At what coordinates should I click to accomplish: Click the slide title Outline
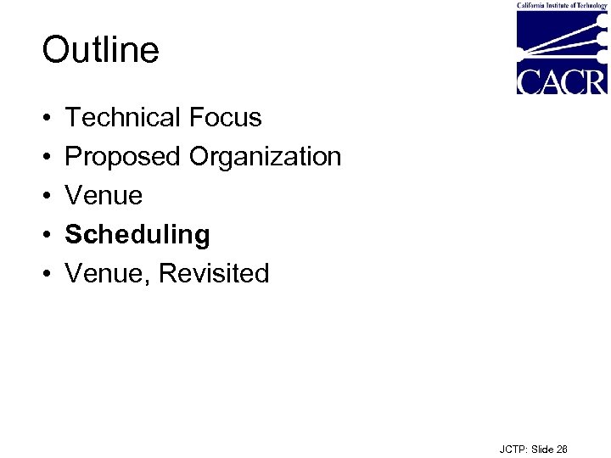(x=100, y=50)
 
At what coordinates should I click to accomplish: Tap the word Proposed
(x=124, y=157)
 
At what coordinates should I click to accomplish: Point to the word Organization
(x=265, y=157)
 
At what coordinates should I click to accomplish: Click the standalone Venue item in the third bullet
(x=104, y=196)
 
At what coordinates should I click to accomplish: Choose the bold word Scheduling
(x=137, y=235)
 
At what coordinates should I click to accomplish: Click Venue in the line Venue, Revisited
(x=101, y=274)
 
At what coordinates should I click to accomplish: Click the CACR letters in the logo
(x=561, y=81)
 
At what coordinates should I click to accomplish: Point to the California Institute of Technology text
(x=562, y=5)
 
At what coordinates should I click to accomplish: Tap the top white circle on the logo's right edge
(x=603, y=18)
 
